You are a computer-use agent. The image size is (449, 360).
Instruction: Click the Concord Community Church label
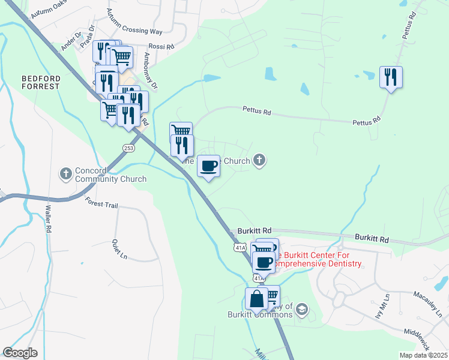pos(110,175)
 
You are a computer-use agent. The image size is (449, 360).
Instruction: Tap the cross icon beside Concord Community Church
pos(66,174)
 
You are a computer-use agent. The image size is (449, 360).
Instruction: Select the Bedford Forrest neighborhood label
pos(41,82)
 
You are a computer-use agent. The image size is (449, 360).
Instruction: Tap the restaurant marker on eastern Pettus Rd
pos(391,77)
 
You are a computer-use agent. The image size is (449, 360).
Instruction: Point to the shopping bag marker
pos(256,299)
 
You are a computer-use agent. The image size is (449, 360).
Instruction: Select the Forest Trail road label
pos(102,203)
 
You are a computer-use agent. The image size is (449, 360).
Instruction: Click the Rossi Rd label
pos(161,46)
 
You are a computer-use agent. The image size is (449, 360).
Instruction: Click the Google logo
pos(20,353)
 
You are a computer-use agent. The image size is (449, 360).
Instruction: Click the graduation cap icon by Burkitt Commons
pos(302,310)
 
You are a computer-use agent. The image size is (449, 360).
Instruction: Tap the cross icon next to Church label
pos(259,160)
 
